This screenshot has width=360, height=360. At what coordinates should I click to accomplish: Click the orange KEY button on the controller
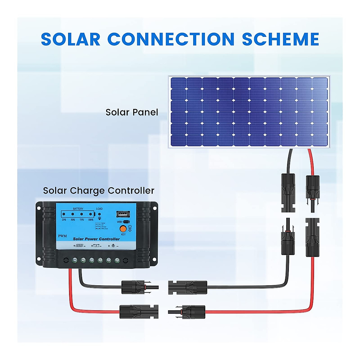123,229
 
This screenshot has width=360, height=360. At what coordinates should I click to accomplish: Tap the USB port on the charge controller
123,214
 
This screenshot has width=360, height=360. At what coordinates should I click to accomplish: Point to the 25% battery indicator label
64,220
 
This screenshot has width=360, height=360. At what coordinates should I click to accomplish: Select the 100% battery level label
90,220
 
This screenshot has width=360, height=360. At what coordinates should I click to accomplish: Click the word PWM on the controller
62,236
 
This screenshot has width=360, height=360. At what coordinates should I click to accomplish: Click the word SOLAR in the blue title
70,39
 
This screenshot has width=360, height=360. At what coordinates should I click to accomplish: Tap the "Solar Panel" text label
132,112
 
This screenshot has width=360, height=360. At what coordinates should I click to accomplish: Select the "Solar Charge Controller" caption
98,190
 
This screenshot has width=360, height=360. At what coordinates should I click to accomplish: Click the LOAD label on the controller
99,209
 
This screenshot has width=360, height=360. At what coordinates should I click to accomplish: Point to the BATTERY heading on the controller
78,209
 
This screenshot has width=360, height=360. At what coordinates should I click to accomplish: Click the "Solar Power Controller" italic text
96,239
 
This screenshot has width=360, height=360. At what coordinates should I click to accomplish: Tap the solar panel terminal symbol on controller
79,246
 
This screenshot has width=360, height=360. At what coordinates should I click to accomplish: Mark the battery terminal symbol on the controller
96,246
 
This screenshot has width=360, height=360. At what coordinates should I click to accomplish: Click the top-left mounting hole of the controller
38,207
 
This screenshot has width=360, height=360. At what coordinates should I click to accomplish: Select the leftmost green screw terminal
75,260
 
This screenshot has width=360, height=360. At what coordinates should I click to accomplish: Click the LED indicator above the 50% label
73,214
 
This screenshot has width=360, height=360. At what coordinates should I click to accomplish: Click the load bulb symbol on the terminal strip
113,246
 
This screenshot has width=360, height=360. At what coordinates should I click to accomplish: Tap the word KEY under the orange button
123,234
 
